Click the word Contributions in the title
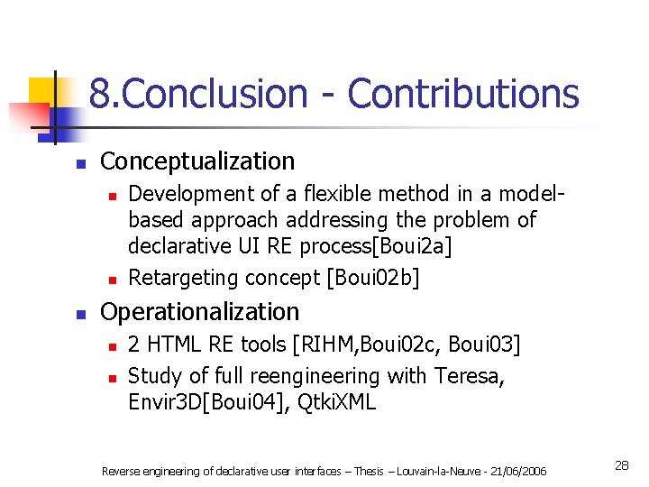[462, 93]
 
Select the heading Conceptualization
[197, 161]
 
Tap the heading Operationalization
[199, 312]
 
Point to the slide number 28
[621, 465]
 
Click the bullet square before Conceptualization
[80, 164]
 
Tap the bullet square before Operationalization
[80, 315]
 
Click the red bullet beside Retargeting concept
[109, 279]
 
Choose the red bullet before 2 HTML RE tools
[109, 346]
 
